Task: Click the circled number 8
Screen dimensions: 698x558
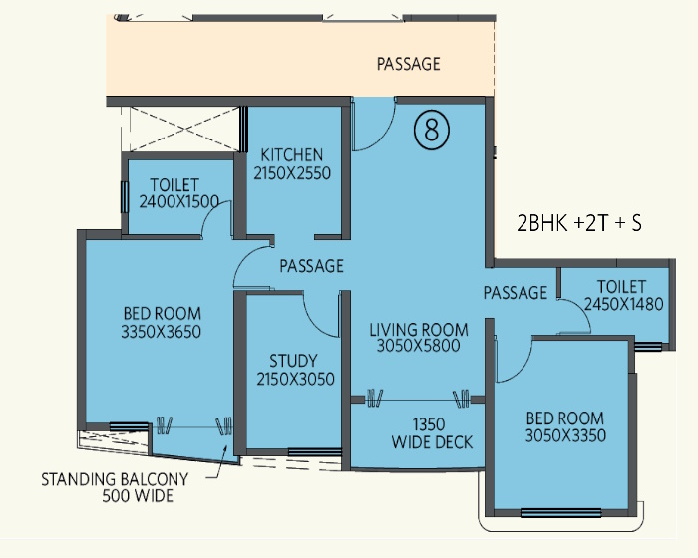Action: point(432,131)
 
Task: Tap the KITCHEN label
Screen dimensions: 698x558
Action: point(291,155)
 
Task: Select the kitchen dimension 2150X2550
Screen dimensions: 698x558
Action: point(292,173)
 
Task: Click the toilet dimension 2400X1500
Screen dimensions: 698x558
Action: point(178,201)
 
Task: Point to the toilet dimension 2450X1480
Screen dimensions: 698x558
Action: point(623,304)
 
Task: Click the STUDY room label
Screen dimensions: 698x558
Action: point(293,360)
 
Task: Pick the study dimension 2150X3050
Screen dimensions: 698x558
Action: point(295,379)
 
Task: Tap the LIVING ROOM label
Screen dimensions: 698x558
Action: point(419,330)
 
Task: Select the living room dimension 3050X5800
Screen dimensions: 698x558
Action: point(419,346)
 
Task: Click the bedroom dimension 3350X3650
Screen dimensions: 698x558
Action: point(162,332)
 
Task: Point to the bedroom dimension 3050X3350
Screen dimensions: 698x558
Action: point(565,435)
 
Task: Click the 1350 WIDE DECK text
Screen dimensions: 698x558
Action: point(432,433)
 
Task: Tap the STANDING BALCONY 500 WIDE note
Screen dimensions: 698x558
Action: point(115,487)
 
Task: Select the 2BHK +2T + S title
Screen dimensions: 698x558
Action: point(579,223)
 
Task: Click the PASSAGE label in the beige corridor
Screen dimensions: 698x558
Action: point(408,64)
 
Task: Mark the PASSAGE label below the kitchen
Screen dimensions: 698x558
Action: point(311,266)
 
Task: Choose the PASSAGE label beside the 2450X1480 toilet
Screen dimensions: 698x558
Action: point(516,292)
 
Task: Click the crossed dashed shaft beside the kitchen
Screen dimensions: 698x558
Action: point(181,130)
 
